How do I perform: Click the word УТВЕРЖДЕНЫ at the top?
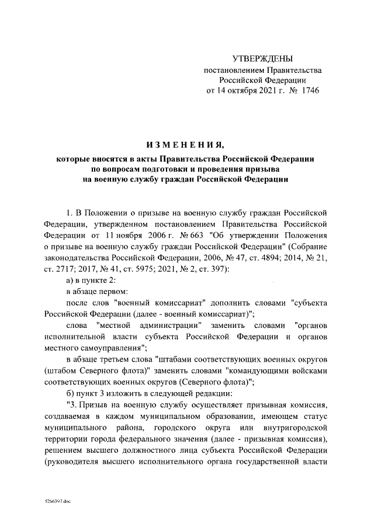pyautogui.click(x=261, y=58)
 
